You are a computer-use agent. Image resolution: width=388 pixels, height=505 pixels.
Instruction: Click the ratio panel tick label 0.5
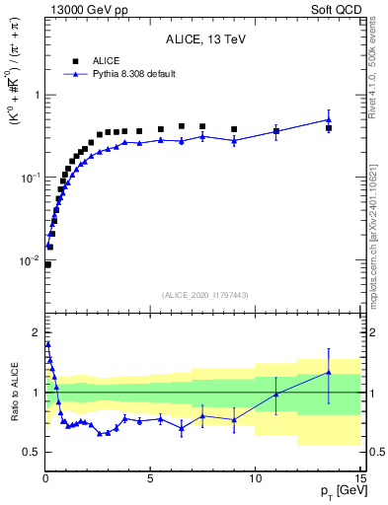[31, 452]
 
